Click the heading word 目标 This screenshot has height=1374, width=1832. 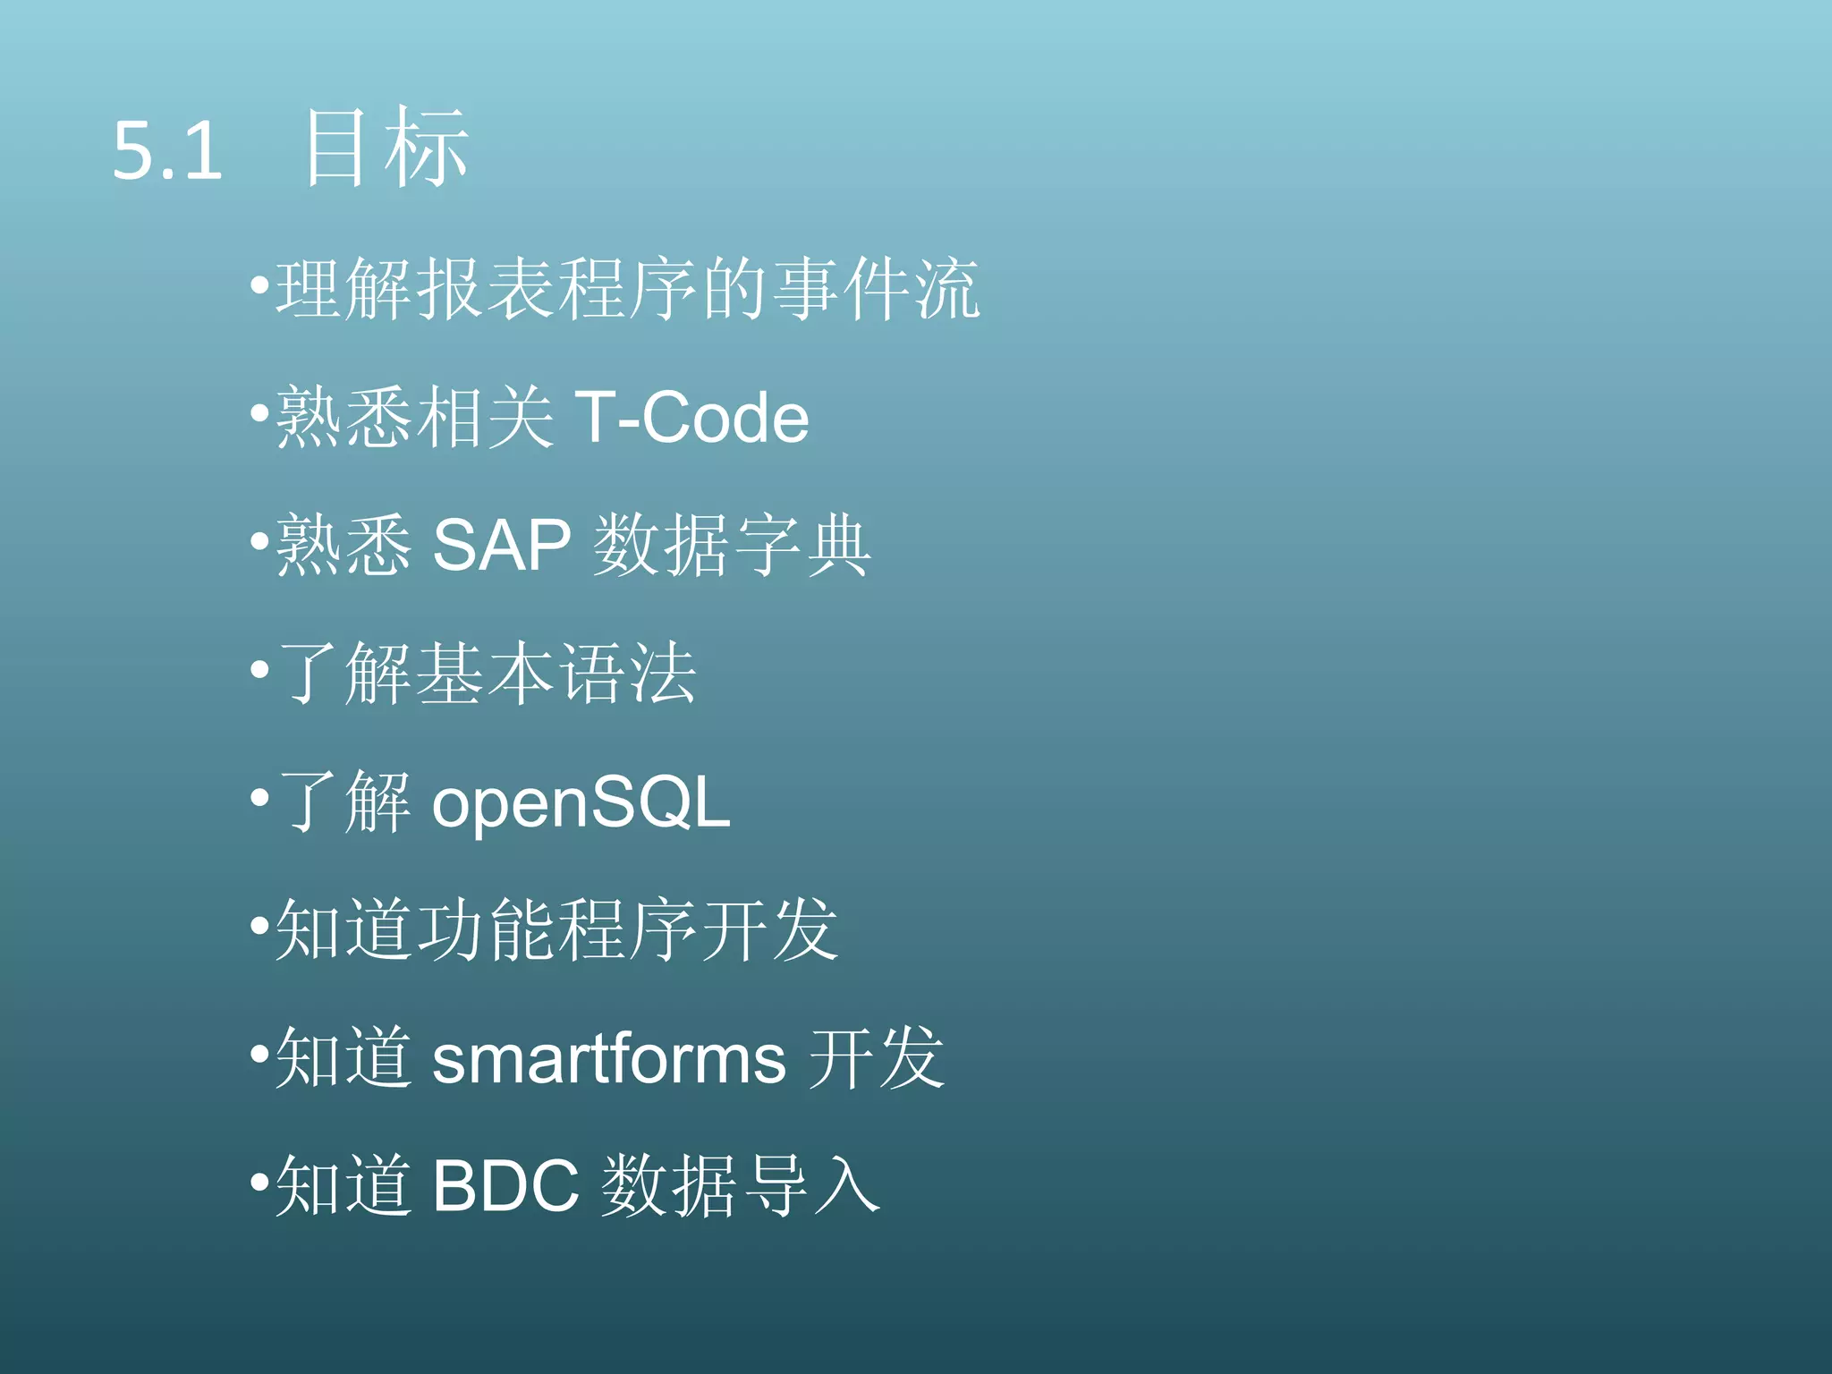[x=386, y=148]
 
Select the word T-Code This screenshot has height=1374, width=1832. [x=691, y=418]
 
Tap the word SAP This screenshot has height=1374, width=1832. [x=501, y=545]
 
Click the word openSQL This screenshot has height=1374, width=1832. [x=581, y=802]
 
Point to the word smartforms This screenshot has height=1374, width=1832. [x=609, y=1059]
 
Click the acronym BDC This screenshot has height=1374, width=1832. [x=505, y=1186]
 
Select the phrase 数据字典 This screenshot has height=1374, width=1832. [x=732, y=545]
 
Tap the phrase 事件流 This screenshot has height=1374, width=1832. [x=876, y=289]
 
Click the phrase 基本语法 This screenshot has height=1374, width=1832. [x=556, y=673]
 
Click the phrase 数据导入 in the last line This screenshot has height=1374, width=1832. [x=740, y=1186]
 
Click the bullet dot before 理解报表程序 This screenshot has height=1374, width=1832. [x=259, y=287]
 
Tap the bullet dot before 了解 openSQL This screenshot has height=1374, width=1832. [x=259, y=798]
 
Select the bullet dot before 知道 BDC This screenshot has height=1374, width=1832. [x=259, y=1183]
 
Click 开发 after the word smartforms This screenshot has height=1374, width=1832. [x=876, y=1059]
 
